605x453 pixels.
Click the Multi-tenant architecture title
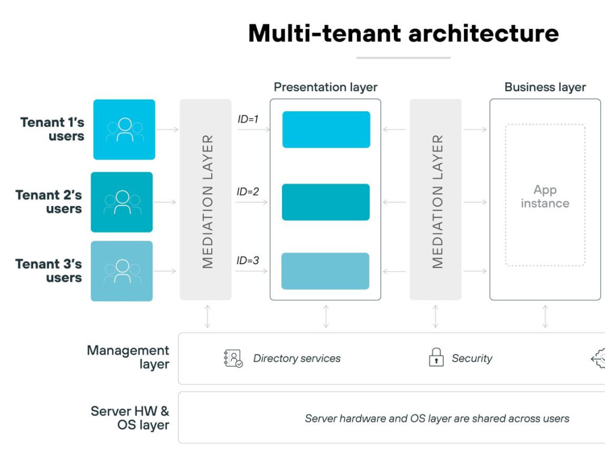(x=403, y=33)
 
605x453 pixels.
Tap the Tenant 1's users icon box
(x=124, y=129)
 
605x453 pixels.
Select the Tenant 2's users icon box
(x=122, y=202)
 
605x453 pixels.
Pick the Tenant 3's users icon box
(x=122, y=271)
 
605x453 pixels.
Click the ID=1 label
(x=247, y=119)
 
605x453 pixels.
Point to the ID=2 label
(x=247, y=191)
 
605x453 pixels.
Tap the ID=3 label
(x=247, y=260)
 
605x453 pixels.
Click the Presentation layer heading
(x=325, y=88)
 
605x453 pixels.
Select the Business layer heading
(x=545, y=88)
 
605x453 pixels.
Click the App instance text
(x=545, y=196)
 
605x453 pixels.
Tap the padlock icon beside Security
(x=436, y=357)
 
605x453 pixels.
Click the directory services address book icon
(x=233, y=358)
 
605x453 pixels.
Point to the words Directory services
(x=296, y=359)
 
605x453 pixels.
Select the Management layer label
(x=128, y=357)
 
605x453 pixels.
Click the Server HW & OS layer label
(x=130, y=418)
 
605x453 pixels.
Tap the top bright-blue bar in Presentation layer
(x=327, y=129)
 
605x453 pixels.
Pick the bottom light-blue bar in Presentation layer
(x=325, y=271)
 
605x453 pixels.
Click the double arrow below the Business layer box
(x=545, y=316)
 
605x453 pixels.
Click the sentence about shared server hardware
(x=437, y=419)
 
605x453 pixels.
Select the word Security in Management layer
(x=472, y=359)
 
